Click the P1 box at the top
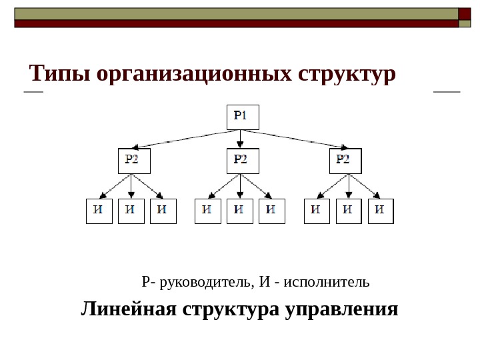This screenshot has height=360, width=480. pos(242,117)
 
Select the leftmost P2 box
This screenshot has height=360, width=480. pos(134,161)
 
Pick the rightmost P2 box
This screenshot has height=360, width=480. pos(345,161)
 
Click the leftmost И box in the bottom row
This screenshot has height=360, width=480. pos(99,211)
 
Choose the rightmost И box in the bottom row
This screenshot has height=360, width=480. pos(381,211)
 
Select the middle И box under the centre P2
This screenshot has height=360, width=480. pos(240,211)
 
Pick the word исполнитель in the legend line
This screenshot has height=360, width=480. pos(326,281)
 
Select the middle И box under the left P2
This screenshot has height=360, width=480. pos(131,211)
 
